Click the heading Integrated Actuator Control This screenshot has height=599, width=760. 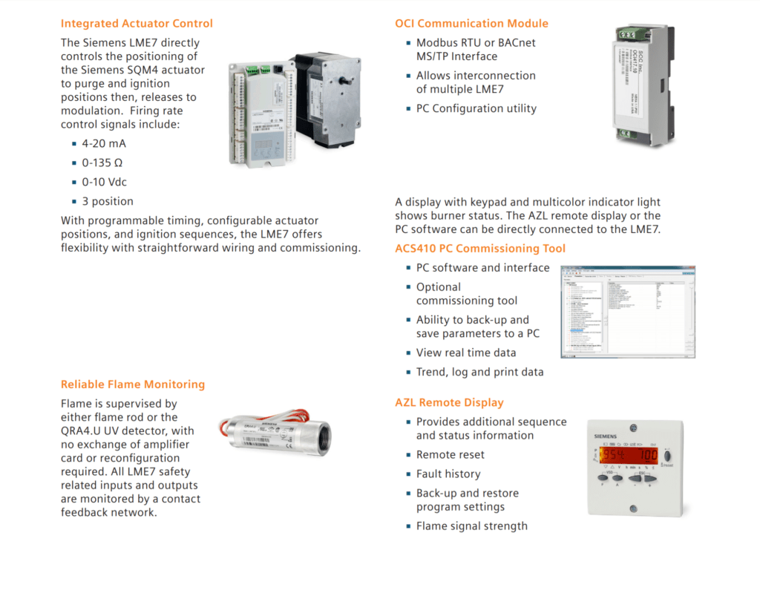(137, 24)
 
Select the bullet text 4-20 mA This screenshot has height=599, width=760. (104, 144)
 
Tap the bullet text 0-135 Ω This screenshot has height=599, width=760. (102, 163)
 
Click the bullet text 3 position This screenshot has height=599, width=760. (108, 201)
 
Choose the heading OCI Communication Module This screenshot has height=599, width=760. (471, 24)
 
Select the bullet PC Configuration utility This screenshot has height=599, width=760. (476, 108)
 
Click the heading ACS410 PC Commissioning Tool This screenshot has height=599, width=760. (479, 249)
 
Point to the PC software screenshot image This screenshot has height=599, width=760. (627, 311)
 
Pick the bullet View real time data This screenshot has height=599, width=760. (465, 353)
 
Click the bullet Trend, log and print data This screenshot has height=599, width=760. (479, 372)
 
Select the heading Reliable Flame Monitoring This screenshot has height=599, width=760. (132, 384)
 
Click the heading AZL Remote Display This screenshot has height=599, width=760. (449, 402)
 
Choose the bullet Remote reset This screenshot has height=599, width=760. (450, 454)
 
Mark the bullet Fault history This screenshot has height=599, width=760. (448, 474)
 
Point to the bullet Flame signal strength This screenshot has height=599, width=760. (471, 526)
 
